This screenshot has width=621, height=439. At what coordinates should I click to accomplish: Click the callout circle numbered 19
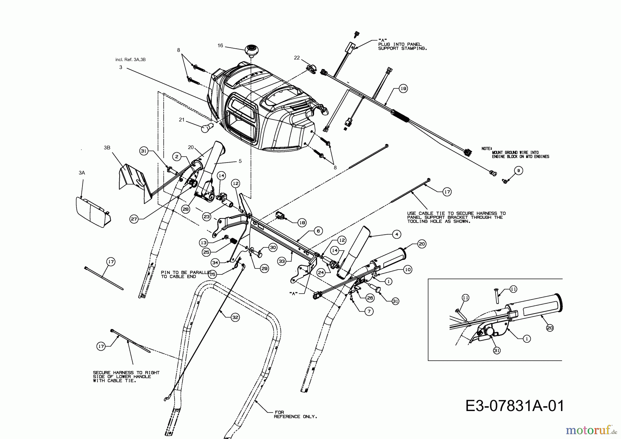[x=403, y=89]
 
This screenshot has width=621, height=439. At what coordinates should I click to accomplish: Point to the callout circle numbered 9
[x=518, y=170]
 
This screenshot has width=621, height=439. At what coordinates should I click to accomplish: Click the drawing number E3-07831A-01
[x=515, y=406]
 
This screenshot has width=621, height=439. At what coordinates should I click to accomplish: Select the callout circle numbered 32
[x=235, y=318]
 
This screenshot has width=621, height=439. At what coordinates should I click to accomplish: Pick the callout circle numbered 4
[x=397, y=234]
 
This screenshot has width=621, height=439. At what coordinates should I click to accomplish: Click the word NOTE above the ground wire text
[x=487, y=148]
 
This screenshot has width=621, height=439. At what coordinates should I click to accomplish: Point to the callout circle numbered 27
[x=135, y=219]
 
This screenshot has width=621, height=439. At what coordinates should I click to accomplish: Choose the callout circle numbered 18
[x=302, y=223]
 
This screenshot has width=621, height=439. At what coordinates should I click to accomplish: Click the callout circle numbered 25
[x=206, y=252]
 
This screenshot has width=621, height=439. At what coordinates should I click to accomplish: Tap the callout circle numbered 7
[x=369, y=311]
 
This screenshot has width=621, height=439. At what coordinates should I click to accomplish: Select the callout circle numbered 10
[x=407, y=270]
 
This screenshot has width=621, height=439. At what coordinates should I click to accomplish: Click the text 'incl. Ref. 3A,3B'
[x=130, y=60]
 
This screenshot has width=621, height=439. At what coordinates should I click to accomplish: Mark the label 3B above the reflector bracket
[x=107, y=147]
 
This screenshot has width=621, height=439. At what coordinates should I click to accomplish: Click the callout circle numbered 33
[x=282, y=262]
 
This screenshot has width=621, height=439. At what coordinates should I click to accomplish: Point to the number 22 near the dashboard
[x=297, y=58]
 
